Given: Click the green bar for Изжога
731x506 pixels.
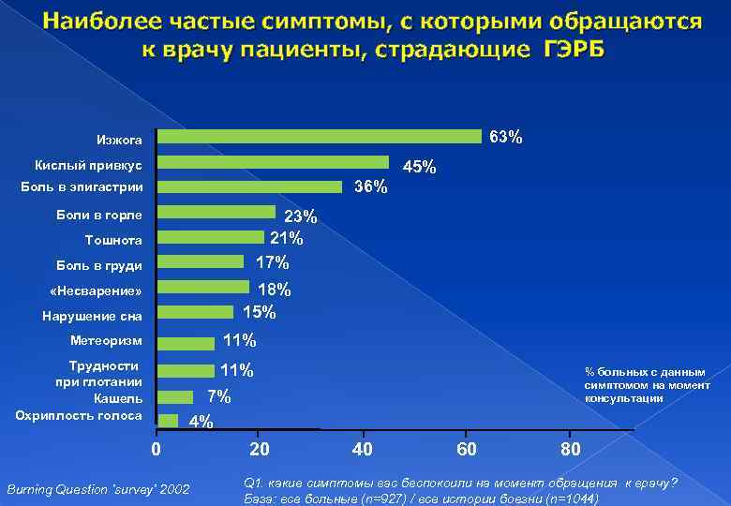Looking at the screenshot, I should [319, 137].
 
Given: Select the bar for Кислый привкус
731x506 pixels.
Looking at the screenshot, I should [273, 162].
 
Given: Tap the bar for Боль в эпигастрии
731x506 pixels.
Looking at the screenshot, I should [249, 186].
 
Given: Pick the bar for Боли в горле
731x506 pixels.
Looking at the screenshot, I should [216, 212].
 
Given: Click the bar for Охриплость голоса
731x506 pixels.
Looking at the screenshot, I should [168, 420].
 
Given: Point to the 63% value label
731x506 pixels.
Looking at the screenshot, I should [506, 138].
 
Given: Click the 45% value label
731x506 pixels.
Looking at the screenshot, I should [419, 167].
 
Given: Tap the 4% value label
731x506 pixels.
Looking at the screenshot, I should [201, 422].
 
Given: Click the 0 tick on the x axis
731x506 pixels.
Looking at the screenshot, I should [157, 449].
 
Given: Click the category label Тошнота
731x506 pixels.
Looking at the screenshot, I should [113, 239].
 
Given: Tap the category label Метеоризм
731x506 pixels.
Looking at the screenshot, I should [106, 339].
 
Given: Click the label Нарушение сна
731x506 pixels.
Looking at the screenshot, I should [93, 316].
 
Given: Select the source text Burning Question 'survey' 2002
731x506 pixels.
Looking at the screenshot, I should [97, 489].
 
